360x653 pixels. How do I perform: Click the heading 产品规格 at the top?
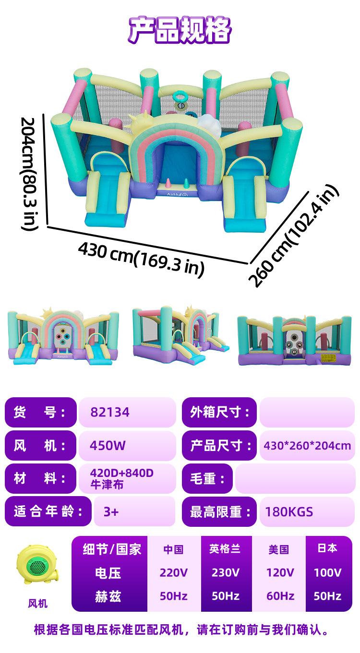(x=180, y=31)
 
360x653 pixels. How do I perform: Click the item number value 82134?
(x=110, y=412)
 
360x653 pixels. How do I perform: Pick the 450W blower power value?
(x=108, y=446)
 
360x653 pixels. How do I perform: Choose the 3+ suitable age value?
(x=111, y=511)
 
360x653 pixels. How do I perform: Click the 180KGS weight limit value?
(x=289, y=511)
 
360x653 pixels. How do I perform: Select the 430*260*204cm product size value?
(x=307, y=446)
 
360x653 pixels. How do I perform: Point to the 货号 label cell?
(x=40, y=412)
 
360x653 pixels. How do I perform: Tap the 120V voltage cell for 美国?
(x=280, y=572)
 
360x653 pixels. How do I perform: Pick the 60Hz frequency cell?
(x=280, y=596)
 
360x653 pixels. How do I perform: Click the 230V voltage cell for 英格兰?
(x=226, y=572)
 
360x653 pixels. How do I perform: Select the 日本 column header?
(x=327, y=548)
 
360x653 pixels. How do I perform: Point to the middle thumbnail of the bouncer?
(x=180, y=334)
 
